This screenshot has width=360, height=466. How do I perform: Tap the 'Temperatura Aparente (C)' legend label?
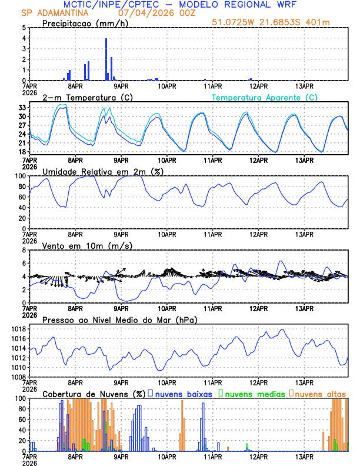[265, 97]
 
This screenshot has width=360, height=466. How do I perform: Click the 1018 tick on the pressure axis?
[19, 329]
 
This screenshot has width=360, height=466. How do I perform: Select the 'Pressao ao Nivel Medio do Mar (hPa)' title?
[119, 319]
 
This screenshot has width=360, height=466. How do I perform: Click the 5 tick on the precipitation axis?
[24, 28]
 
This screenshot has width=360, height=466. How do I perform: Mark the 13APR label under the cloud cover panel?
[304, 457]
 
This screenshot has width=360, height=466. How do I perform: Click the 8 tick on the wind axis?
[24, 250]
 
